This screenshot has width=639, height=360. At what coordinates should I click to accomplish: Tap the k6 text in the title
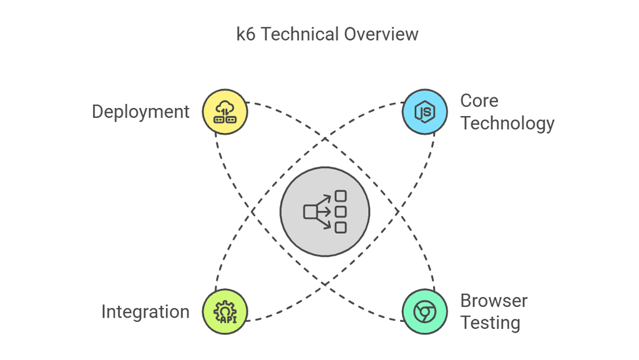245,34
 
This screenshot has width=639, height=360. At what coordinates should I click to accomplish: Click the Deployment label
140,112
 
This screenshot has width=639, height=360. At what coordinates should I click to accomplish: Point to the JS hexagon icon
424,112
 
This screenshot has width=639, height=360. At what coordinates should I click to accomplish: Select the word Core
479,100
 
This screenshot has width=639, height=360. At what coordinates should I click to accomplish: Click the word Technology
507,123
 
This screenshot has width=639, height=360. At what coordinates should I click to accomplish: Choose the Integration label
145,311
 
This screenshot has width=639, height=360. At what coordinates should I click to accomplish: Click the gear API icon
225,311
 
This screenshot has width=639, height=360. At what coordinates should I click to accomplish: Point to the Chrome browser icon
424,311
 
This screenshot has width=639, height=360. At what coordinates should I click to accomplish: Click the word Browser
494,301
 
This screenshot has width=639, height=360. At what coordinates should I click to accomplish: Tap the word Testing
490,323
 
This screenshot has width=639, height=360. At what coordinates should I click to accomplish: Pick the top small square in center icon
340,196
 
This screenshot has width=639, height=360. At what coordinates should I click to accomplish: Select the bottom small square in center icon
340,228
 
